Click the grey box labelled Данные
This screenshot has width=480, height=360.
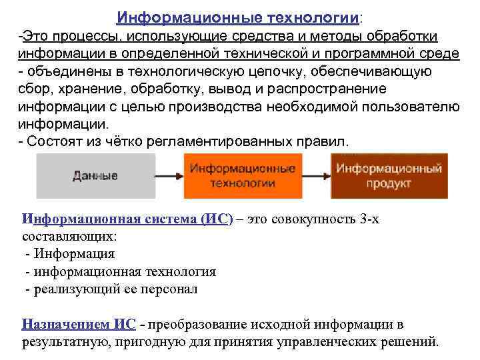[x=96, y=176]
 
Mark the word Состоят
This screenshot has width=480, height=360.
[x=54, y=142]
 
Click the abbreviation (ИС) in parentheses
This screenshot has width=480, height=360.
[x=216, y=221]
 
